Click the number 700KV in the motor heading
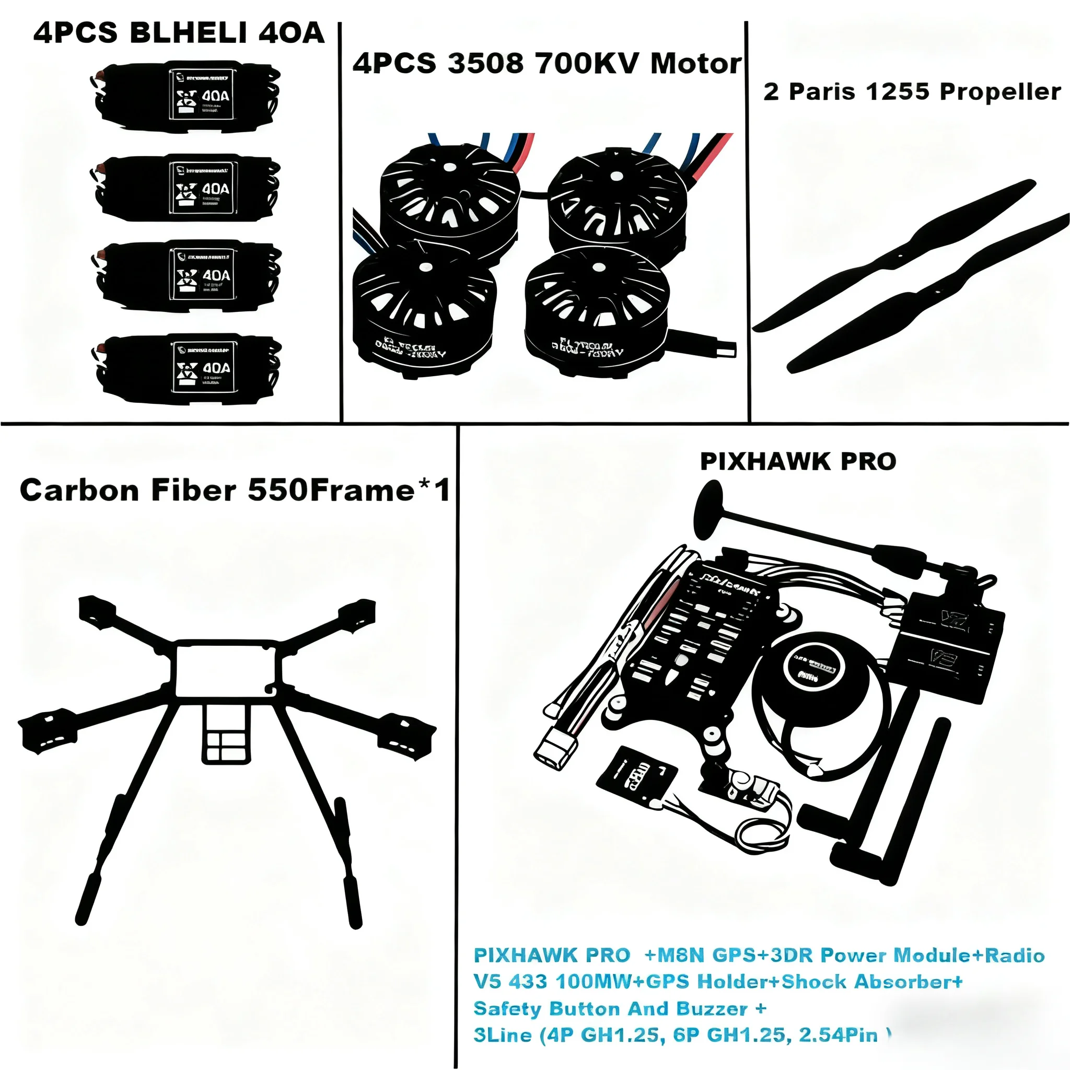pyautogui.click(x=589, y=64)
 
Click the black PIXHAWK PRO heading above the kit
pyautogui.click(x=797, y=462)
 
